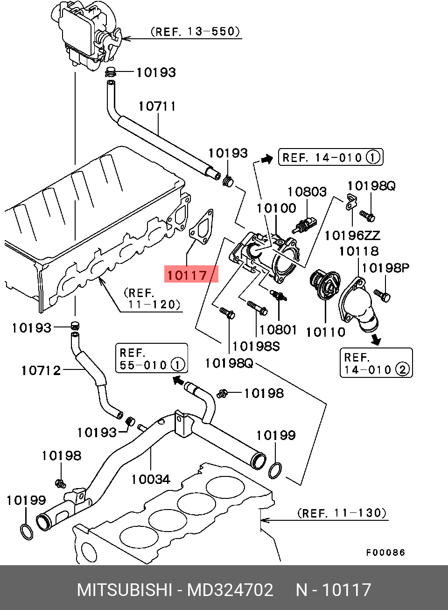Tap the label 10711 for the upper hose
point(157,106)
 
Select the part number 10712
point(41,371)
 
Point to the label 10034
point(151,480)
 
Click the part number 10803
point(307,192)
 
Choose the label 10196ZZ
point(352,235)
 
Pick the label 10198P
point(385,268)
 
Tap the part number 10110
point(326,332)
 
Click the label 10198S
point(256,347)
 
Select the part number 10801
point(278,330)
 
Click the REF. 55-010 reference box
point(152,358)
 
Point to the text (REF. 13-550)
point(196,31)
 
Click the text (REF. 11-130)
point(342,513)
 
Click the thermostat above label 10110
point(325,286)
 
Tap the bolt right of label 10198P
point(383,296)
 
